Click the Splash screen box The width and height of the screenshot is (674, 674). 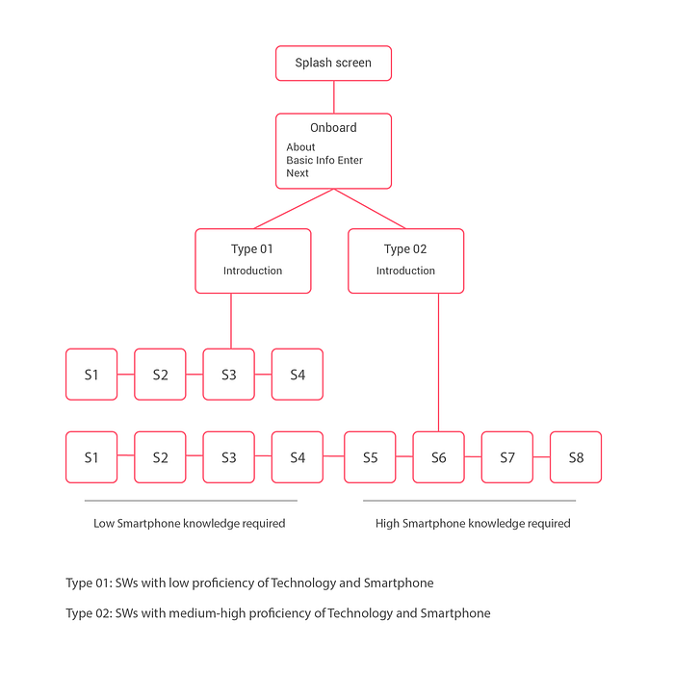point(333,64)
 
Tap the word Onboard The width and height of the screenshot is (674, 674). point(333,128)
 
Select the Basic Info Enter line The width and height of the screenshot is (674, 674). point(324,161)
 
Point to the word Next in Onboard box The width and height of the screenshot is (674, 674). point(298,173)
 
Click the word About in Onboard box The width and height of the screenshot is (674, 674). point(300,147)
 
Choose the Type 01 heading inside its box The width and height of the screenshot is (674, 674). point(252,249)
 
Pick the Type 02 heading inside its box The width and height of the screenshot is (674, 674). point(405,249)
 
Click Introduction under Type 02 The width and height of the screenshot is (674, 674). point(405,271)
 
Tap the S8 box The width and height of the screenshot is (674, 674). point(576,457)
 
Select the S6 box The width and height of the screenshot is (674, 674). point(438,457)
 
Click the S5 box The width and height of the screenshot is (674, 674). point(370,457)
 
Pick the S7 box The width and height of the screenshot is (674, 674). point(507,457)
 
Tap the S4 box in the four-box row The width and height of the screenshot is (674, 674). point(298,375)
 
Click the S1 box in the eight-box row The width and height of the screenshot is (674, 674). point(91,457)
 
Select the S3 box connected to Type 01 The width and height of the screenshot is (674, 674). point(229,375)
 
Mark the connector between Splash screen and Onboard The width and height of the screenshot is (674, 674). point(334,97)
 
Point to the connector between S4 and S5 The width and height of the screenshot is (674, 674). point(333,456)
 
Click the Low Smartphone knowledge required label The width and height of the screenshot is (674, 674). point(190,524)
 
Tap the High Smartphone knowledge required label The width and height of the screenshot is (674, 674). point(473,524)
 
